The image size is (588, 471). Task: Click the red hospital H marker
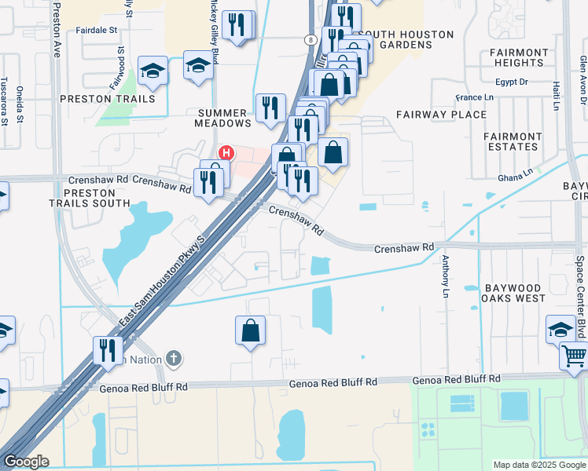tap(226, 152)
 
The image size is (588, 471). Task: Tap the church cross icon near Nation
tap(175, 360)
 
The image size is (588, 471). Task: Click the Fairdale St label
tap(97, 30)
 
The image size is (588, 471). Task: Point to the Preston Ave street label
tap(57, 29)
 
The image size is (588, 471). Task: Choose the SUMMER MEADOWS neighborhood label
tap(224, 118)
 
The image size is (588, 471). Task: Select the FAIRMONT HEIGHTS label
tap(519, 57)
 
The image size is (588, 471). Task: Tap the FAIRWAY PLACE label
tap(441, 115)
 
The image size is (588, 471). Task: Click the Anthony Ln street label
tap(445, 276)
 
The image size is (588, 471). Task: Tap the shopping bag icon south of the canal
tap(250, 330)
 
